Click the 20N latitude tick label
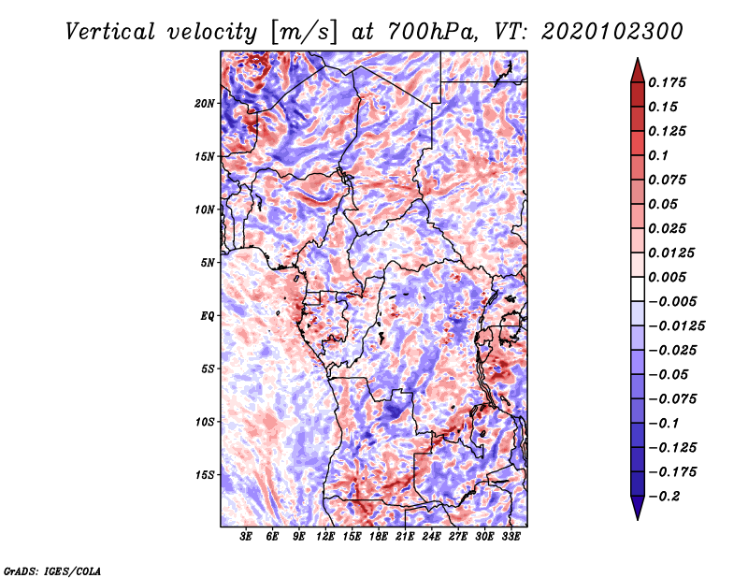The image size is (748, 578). coord(205,103)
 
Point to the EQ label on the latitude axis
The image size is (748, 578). coord(209,316)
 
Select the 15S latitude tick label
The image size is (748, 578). coord(205,475)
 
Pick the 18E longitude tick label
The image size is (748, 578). coord(379,537)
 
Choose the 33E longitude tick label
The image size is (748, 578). coord(511,537)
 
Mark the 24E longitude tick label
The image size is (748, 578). coord(432,537)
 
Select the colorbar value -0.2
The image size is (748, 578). coord(668,497)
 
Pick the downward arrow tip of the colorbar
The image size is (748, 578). coord(637,516)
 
